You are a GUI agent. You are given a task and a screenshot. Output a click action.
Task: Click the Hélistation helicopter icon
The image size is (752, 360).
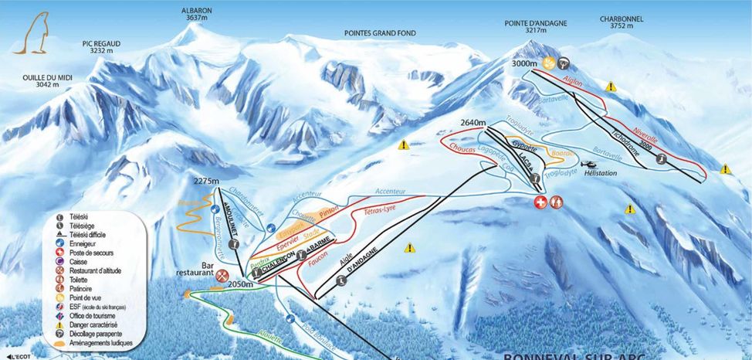click(587, 165)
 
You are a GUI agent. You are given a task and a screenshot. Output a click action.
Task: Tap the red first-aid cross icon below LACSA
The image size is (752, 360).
click(542, 202)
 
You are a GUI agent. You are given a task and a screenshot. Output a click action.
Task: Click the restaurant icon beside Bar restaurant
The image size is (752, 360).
click(223, 274)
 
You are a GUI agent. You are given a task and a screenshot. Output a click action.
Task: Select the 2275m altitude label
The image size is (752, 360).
click(206, 181)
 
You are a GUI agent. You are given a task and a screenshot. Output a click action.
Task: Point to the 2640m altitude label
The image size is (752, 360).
click(473, 123)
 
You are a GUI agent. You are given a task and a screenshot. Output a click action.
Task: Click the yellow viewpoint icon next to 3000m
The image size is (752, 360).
click(550, 63)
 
